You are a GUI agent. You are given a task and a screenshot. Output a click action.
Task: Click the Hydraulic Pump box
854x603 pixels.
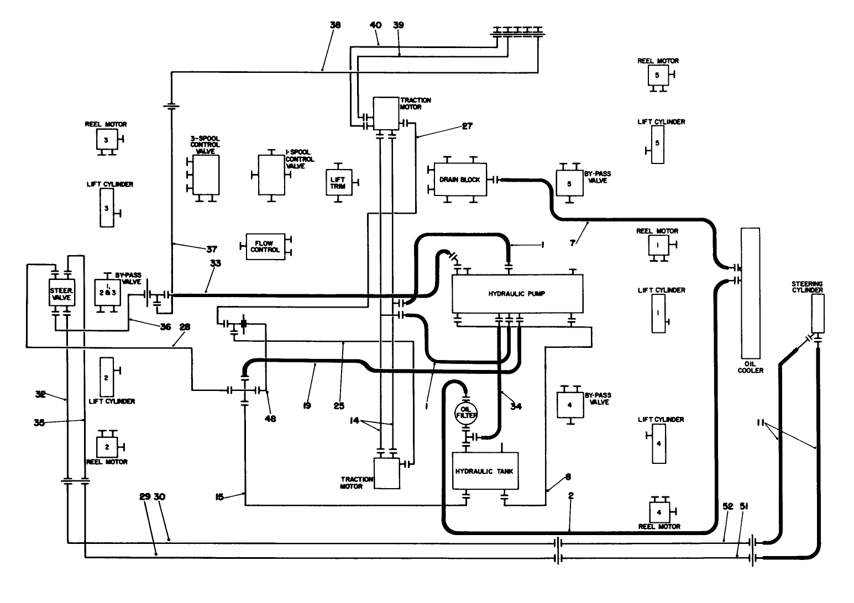tap(517, 294)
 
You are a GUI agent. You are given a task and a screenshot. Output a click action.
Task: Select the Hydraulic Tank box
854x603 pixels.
tap(485, 471)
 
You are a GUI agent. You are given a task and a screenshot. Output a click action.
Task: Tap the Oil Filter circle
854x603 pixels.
tap(465, 411)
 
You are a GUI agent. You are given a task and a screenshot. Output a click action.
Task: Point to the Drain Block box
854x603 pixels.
tap(460, 179)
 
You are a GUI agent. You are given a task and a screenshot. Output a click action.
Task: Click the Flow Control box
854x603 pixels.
tap(265, 246)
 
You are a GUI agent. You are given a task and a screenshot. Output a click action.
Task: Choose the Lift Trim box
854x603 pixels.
tap(338, 182)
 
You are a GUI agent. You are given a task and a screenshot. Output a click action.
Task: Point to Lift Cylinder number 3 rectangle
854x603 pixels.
tap(107, 208)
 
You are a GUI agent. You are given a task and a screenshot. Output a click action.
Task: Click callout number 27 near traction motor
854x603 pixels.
tap(467, 126)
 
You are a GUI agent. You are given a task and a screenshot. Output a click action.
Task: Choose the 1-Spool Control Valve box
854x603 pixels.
tap(271, 174)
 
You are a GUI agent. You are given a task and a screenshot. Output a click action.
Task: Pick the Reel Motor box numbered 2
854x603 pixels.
tap(107, 446)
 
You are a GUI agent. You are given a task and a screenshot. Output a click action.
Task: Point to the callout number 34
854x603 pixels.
tap(516, 406)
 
